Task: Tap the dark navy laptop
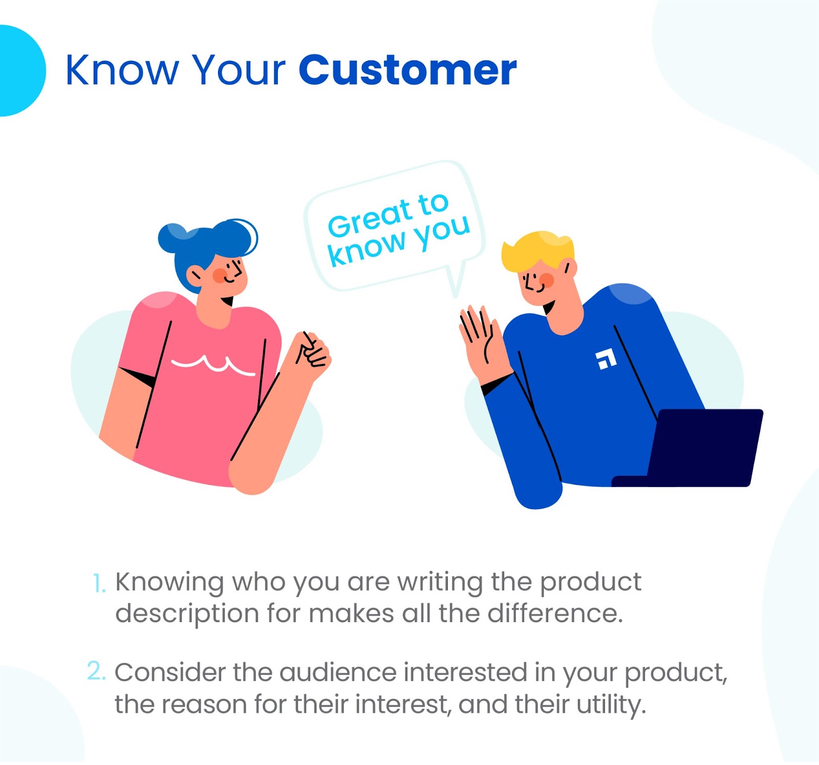[691, 448]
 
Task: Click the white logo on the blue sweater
[606, 359]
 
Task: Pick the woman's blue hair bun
[173, 238]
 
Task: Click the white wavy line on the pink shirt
[213, 364]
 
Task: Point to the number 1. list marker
[99, 584]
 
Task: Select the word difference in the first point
[555, 613]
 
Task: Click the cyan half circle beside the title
[23, 71]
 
